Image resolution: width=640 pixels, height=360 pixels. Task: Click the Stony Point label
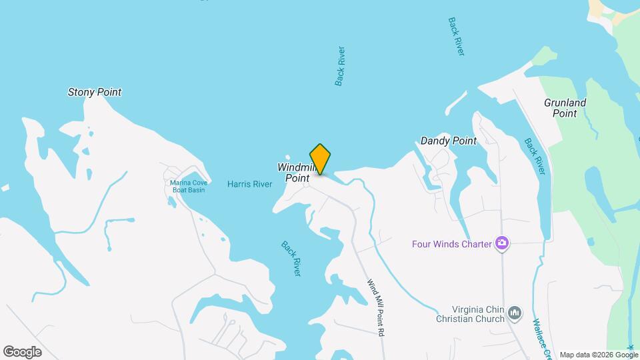tap(95, 93)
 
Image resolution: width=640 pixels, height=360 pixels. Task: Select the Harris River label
tap(249, 184)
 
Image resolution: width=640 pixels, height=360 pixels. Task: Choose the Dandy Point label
tap(449, 141)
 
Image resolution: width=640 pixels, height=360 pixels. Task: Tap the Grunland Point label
tap(565, 108)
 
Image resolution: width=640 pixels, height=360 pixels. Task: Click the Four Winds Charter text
tap(452, 244)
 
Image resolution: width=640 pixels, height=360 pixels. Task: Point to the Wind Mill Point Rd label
tap(377, 307)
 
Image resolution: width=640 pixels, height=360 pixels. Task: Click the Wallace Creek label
tap(541, 337)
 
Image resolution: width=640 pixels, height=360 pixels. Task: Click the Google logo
tap(22, 351)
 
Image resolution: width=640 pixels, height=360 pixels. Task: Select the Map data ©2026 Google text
tap(599, 354)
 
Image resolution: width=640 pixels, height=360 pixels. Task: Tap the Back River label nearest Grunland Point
tap(535, 156)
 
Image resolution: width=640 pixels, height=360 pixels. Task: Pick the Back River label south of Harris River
tap(291, 259)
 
